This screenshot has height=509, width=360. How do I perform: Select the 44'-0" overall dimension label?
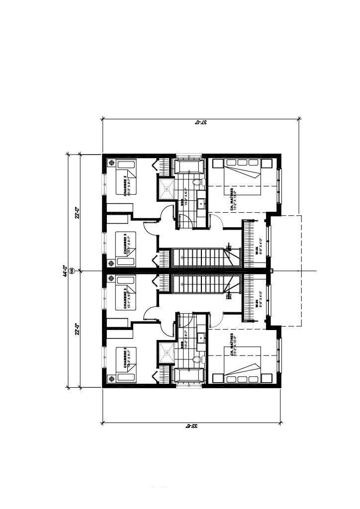pos(65,271)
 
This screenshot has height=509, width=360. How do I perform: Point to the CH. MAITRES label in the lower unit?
pos(233,343)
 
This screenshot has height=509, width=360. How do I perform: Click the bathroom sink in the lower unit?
pos(201,338)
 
